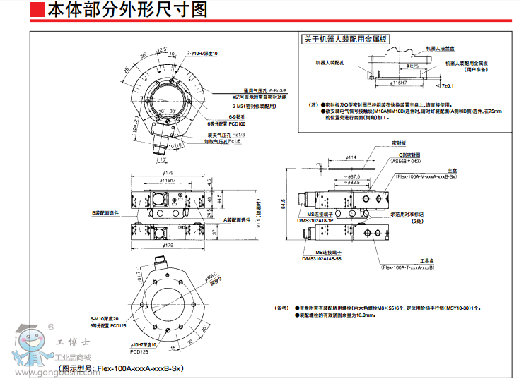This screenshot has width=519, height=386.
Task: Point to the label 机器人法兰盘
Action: click(440, 49)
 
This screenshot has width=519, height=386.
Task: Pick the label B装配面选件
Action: click(105, 212)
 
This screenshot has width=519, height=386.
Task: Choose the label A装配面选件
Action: click(237, 220)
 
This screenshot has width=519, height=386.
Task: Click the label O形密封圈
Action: click(408, 155)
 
